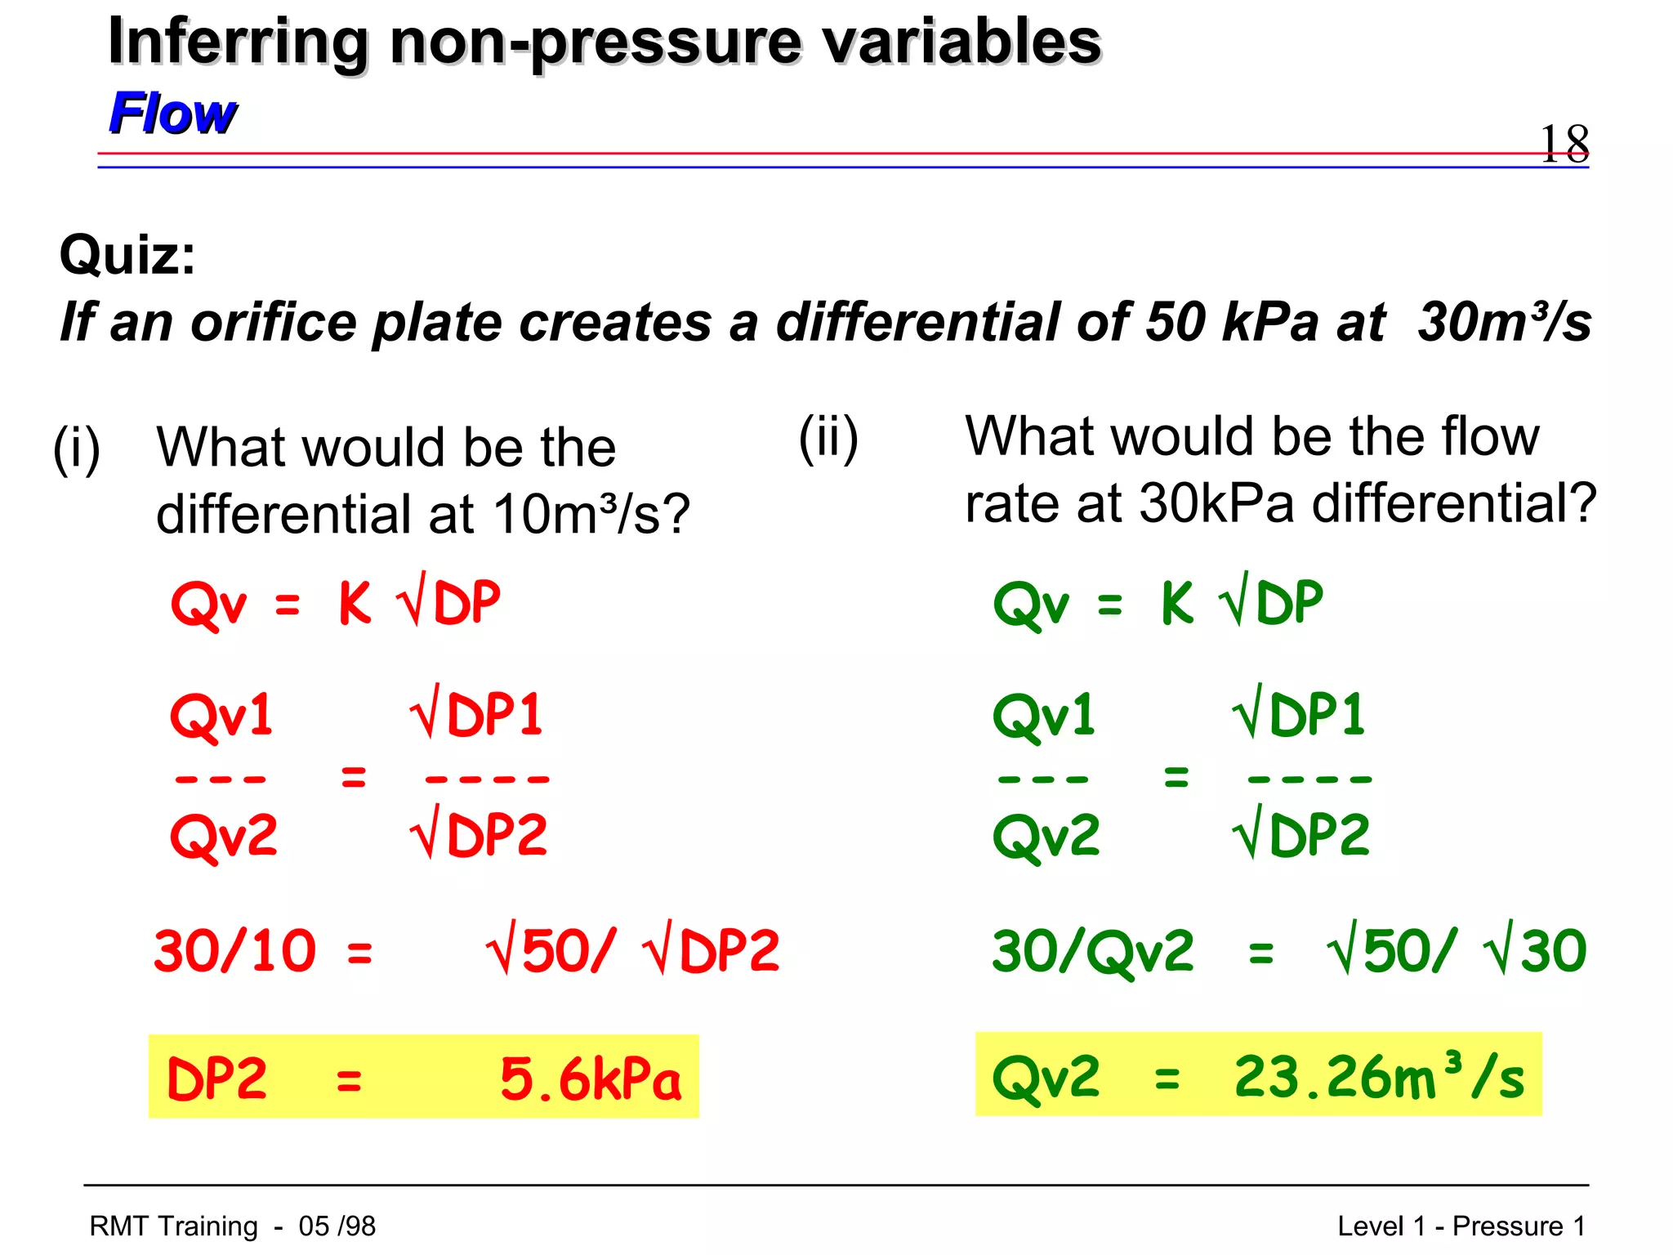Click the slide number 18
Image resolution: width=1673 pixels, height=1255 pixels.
tap(1564, 144)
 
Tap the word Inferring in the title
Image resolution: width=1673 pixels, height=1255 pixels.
tap(239, 42)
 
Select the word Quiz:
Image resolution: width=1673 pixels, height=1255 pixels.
tap(127, 255)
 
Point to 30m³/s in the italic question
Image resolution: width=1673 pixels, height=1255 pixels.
tap(1504, 322)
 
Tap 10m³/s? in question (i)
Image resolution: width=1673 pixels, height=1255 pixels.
tap(591, 515)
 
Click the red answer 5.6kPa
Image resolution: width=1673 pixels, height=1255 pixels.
tap(590, 1079)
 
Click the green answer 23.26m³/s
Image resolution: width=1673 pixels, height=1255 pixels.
tap(1379, 1077)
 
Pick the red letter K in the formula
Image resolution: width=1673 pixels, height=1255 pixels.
tap(355, 603)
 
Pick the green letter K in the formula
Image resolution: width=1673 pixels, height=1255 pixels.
tap(1177, 603)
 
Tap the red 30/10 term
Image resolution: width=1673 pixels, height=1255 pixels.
tap(235, 951)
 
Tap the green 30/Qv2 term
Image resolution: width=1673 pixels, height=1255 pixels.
tap(1092, 951)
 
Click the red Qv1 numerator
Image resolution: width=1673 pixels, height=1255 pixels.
tap(221, 715)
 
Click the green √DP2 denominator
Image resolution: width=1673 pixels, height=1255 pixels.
tap(1300, 835)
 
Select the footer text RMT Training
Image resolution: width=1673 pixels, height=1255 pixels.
tap(173, 1226)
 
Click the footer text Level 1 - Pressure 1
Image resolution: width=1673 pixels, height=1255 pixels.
tap(1461, 1226)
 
